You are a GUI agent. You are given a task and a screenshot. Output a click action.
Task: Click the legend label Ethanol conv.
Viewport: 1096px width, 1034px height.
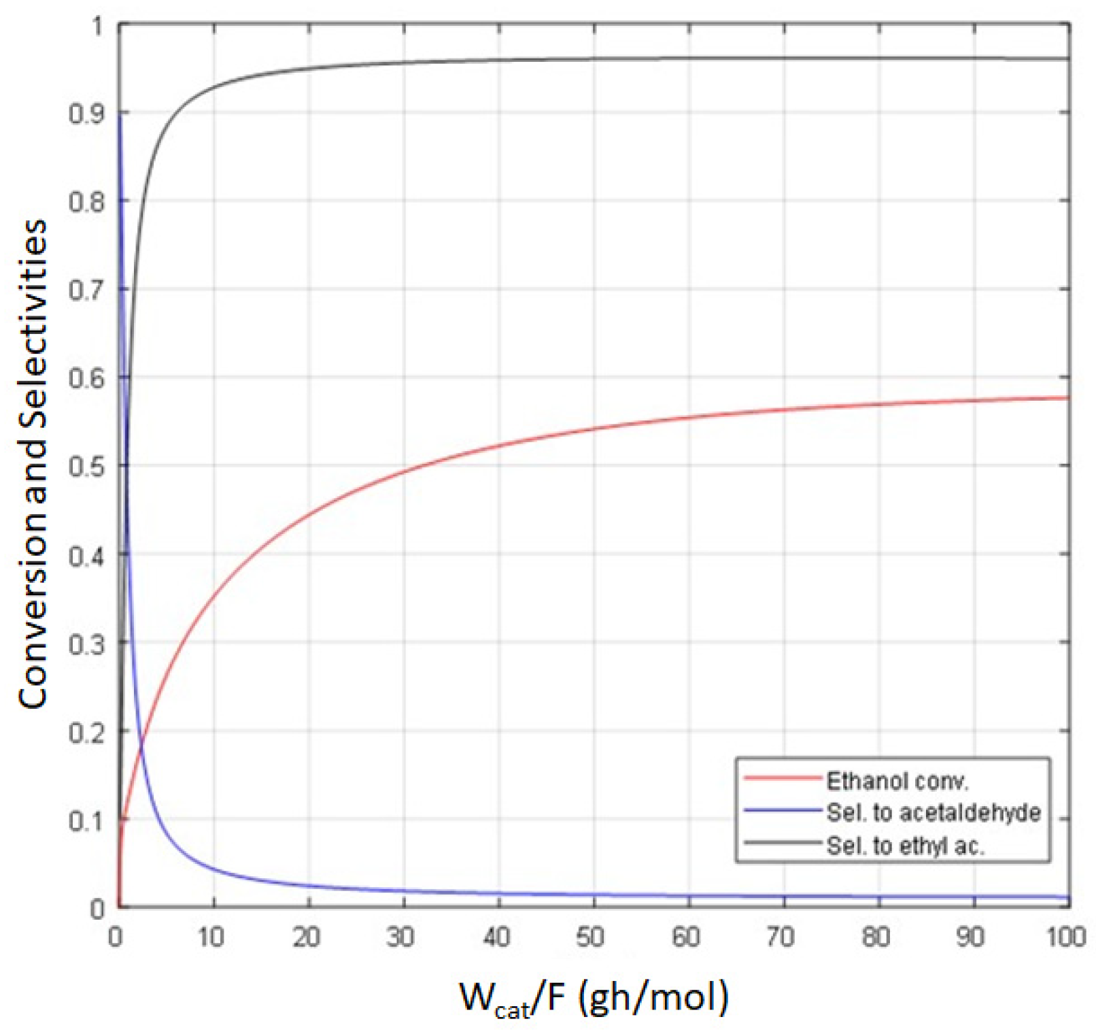click(x=896, y=780)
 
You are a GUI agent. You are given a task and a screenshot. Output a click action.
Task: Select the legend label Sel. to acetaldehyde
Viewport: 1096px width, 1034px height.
click(x=933, y=812)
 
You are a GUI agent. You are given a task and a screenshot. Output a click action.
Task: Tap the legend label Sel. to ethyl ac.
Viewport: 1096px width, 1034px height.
click(x=905, y=846)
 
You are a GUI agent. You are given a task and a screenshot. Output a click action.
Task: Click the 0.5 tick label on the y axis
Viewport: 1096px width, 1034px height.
click(x=86, y=467)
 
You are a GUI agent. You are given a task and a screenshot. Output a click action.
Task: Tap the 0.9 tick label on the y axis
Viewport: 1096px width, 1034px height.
click(x=86, y=114)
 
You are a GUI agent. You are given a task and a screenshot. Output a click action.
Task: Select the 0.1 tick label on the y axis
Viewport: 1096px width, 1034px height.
click(x=86, y=821)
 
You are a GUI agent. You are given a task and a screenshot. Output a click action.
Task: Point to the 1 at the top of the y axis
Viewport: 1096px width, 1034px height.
click(x=98, y=27)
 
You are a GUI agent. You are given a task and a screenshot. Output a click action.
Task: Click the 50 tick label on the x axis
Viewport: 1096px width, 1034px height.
click(x=590, y=937)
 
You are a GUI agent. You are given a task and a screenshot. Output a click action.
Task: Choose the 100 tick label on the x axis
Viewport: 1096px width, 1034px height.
click(x=1065, y=937)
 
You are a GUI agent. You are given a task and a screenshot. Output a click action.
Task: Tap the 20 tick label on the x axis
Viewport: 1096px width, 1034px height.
click(x=306, y=937)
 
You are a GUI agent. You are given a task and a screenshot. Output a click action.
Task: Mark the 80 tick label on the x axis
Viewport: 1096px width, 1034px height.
click(x=876, y=937)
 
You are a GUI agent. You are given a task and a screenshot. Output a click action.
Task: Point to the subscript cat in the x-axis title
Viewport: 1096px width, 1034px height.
click(x=512, y=1011)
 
